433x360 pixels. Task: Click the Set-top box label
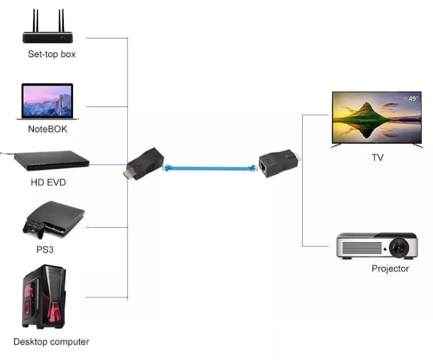51,54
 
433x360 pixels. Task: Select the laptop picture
47,101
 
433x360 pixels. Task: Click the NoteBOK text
48,129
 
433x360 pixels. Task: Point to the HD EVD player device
51,161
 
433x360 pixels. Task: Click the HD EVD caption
48,182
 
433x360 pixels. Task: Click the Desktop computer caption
51,342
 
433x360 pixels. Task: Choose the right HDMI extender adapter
278,161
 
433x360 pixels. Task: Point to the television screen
376,117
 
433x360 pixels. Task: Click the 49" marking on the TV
414,98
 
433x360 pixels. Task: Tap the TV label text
377,157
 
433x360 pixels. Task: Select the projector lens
399,248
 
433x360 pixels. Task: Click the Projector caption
390,269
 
